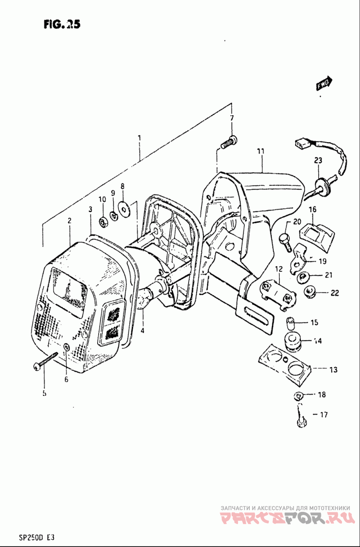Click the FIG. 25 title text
coord(62,25)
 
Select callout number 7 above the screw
coord(232,118)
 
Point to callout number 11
coord(260,152)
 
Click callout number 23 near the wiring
coord(319,160)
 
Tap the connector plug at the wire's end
coord(300,143)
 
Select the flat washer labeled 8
coord(123,207)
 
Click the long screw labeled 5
coord(47,359)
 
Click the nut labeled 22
coord(309,293)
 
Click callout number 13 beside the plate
coord(333,370)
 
